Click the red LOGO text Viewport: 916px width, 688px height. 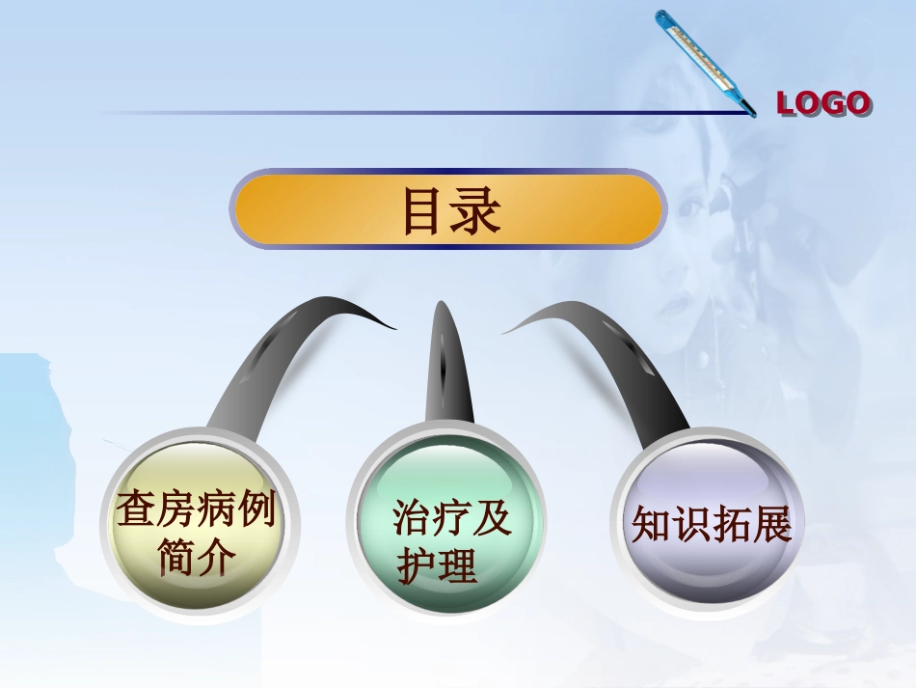pos(823,103)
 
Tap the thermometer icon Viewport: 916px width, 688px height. pos(704,63)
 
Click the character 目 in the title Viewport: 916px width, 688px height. pos(423,211)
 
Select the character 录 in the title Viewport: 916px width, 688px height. pos(476,211)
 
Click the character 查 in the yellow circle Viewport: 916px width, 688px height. pos(136,509)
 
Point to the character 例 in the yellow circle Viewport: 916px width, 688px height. pos(256,509)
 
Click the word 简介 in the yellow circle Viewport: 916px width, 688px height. pos(197,557)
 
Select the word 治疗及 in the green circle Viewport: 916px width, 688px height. pos(451,519)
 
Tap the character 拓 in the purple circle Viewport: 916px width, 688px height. pos(731,526)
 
